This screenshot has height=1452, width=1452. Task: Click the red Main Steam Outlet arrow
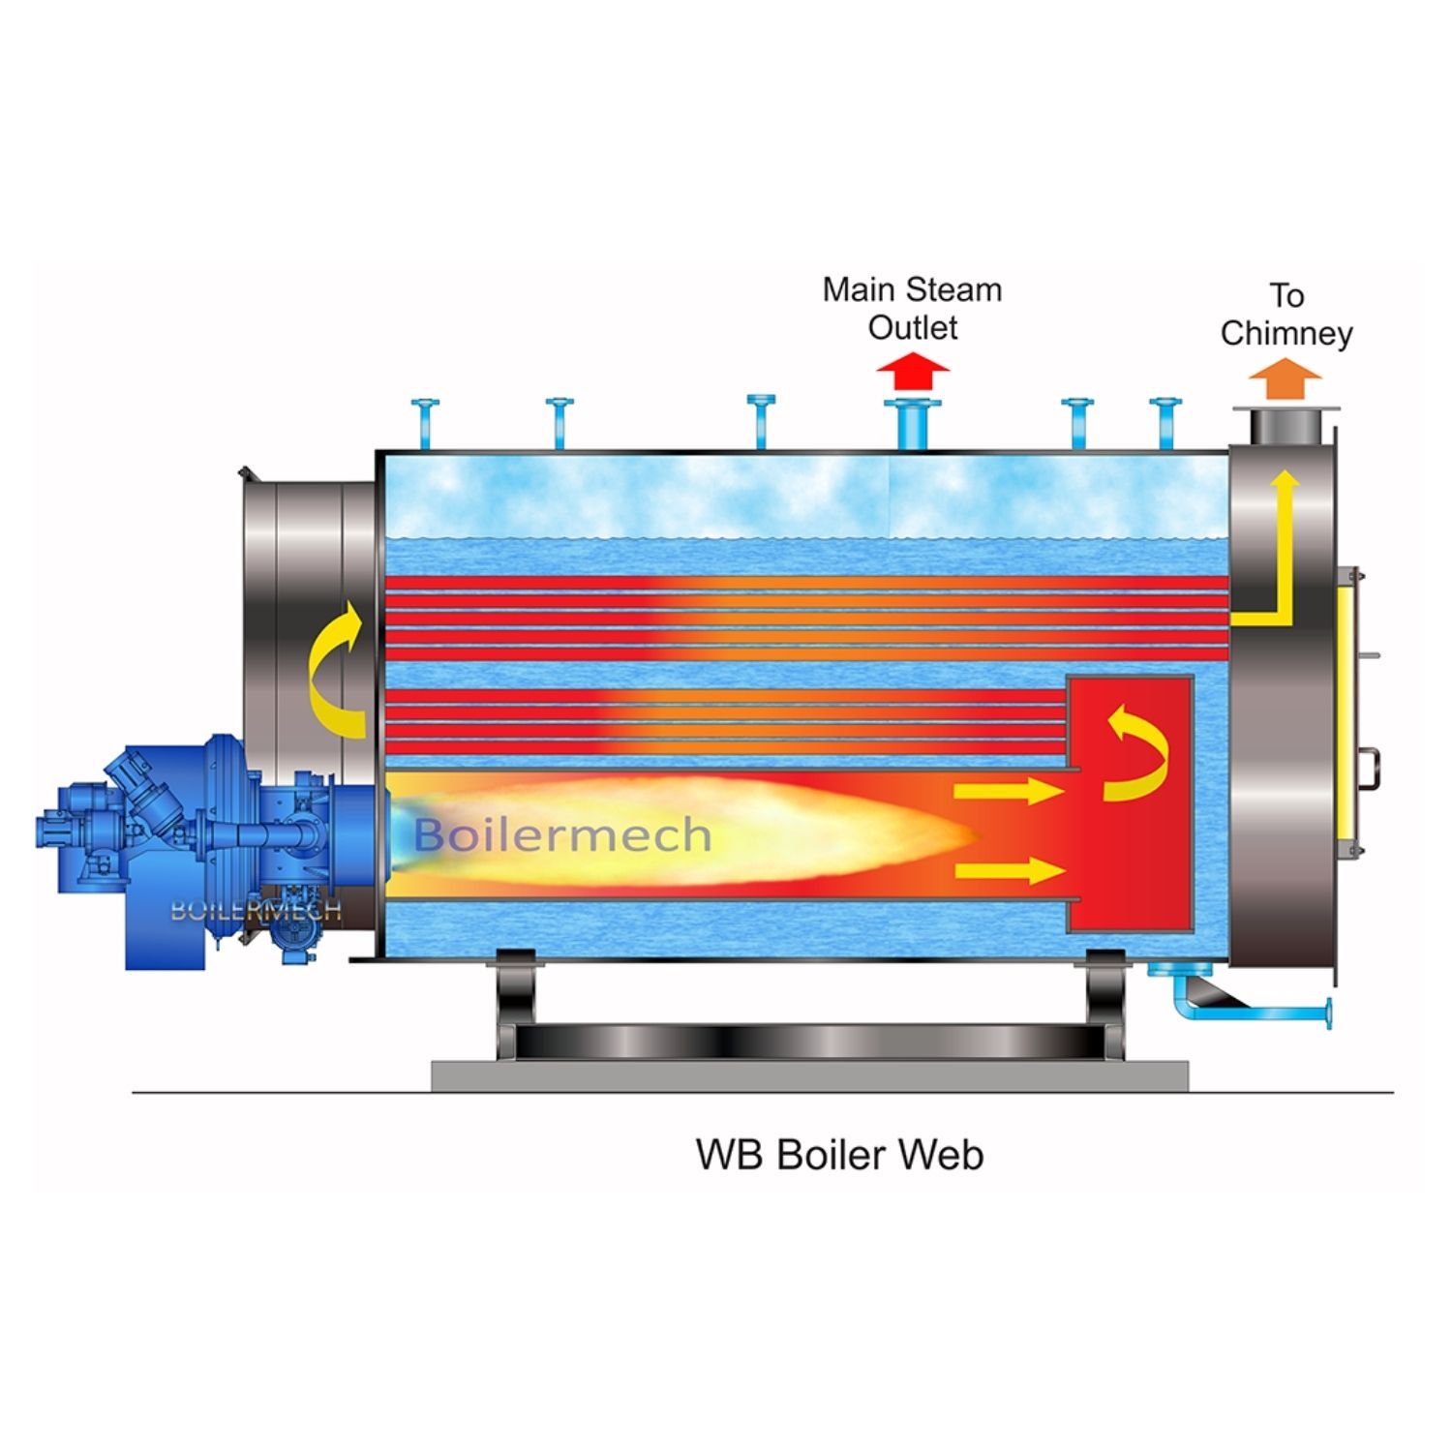click(913, 374)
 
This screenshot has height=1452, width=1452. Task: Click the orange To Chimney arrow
click(1285, 378)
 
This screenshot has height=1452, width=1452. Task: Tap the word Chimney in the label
click(1286, 333)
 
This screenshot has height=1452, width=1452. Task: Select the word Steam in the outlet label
click(956, 289)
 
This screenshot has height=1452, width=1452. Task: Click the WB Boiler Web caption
click(839, 1155)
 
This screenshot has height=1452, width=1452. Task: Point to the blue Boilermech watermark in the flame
click(562, 834)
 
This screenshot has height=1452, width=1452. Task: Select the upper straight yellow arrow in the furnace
click(1008, 792)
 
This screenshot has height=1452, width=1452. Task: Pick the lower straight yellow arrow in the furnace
click(1008, 870)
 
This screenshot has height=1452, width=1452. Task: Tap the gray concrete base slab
click(809, 1075)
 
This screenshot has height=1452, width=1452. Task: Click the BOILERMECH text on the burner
click(256, 910)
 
